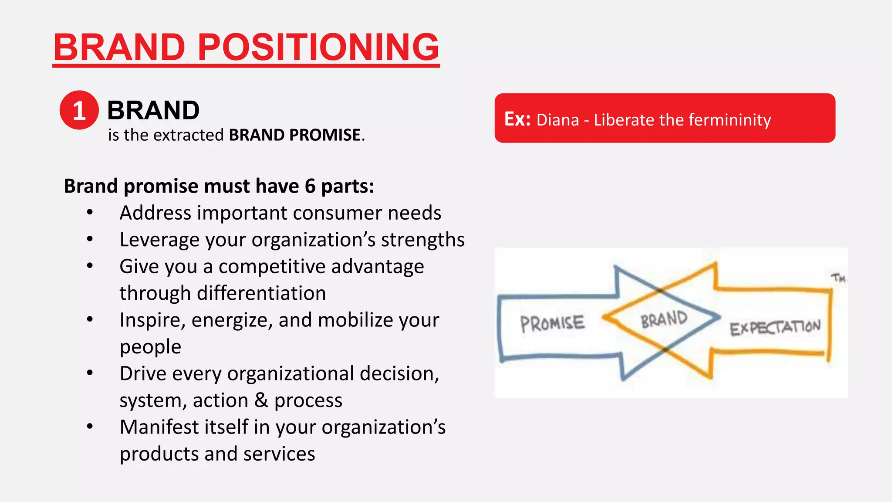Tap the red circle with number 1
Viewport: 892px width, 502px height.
[x=79, y=110]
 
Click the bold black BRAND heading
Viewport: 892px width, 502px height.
[x=153, y=110]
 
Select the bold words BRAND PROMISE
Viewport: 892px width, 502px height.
[x=295, y=135]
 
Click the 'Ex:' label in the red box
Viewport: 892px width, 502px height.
[x=517, y=119]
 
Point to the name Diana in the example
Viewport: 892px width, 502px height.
[x=557, y=120]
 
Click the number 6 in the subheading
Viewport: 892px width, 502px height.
[x=310, y=187]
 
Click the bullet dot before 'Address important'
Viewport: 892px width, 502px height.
[x=90, y=213]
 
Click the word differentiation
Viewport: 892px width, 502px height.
[x=261, y=293]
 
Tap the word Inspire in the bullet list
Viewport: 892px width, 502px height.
[x=149, y=320]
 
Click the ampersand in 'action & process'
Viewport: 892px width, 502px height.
[x=261, y=400]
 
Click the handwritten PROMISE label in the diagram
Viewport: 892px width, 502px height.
[x=552, y=323]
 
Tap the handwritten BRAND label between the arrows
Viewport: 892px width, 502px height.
[x=664, y=319]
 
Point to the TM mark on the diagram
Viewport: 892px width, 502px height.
[x=838, y=278]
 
